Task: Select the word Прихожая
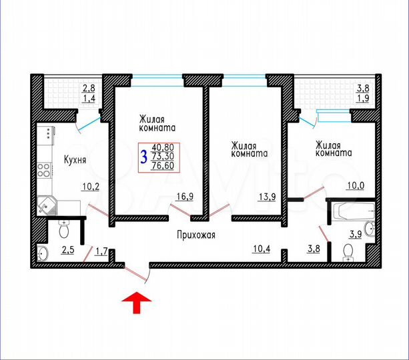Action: (195, 235)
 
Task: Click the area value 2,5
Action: (67, 251)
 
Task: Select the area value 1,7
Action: (101, 251)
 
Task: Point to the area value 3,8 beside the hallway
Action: (314, 251)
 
